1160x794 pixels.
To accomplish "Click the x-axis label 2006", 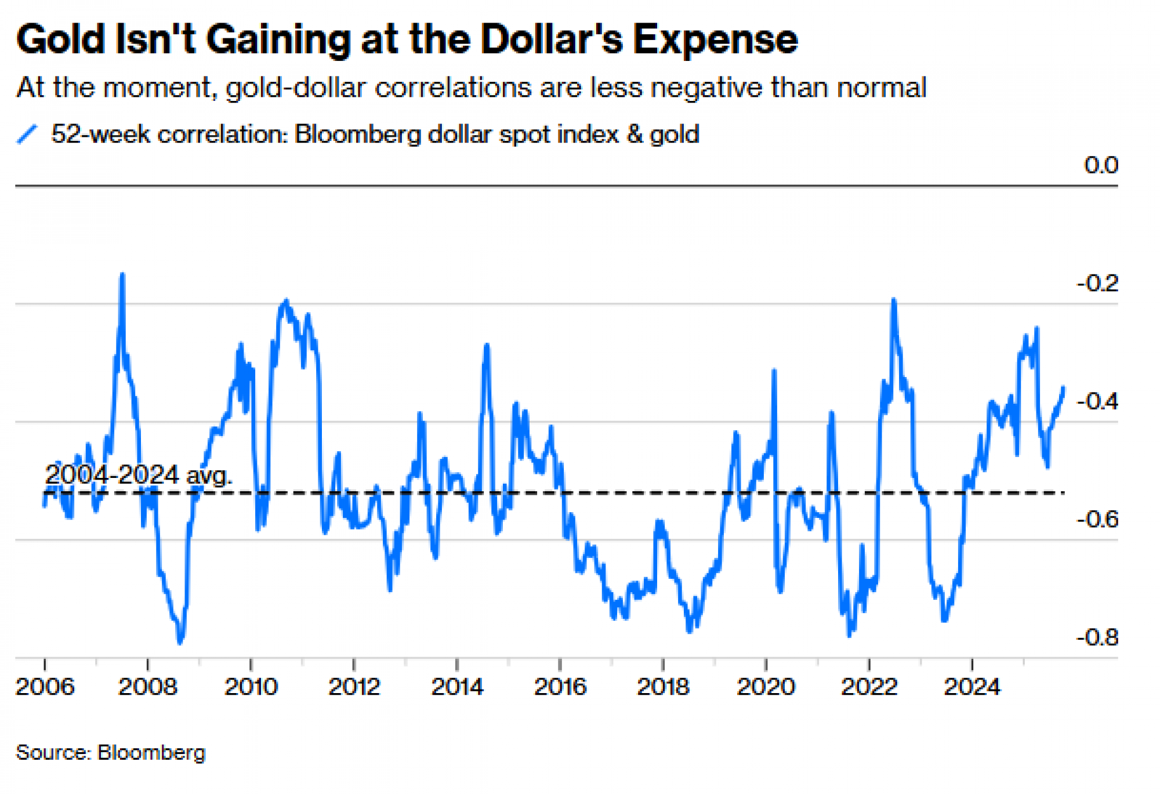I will pos(45,687).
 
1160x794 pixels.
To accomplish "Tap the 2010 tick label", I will pos(251,687).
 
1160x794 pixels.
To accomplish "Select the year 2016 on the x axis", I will pos(560,687).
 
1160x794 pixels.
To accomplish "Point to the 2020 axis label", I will pos(766,687).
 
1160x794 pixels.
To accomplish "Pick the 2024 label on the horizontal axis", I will pos(972,687).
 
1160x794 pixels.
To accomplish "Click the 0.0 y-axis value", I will pos(1101,166).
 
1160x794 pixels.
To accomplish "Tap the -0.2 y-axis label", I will pos(1097,284).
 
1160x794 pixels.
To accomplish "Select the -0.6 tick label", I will pos(1097,519).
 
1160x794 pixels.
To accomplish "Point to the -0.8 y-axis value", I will pos(1097,637).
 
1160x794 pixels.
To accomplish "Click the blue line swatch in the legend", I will pos(27,135).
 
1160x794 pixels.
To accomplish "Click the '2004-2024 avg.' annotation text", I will pos(138,475).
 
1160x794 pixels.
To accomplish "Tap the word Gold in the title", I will pos(61,39).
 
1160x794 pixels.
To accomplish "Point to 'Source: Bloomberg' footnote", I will pos(111,753).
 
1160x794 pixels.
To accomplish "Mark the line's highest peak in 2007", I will pos(122,274).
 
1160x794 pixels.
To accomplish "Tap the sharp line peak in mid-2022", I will pos(894,300).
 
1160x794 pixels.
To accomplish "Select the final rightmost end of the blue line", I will pos(1063,387).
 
